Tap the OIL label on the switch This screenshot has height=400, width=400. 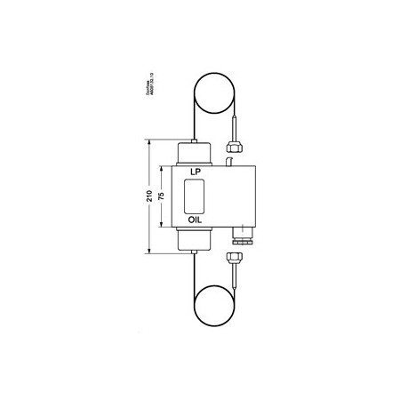[194, 218]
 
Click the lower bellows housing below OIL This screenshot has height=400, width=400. [194, 237]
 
